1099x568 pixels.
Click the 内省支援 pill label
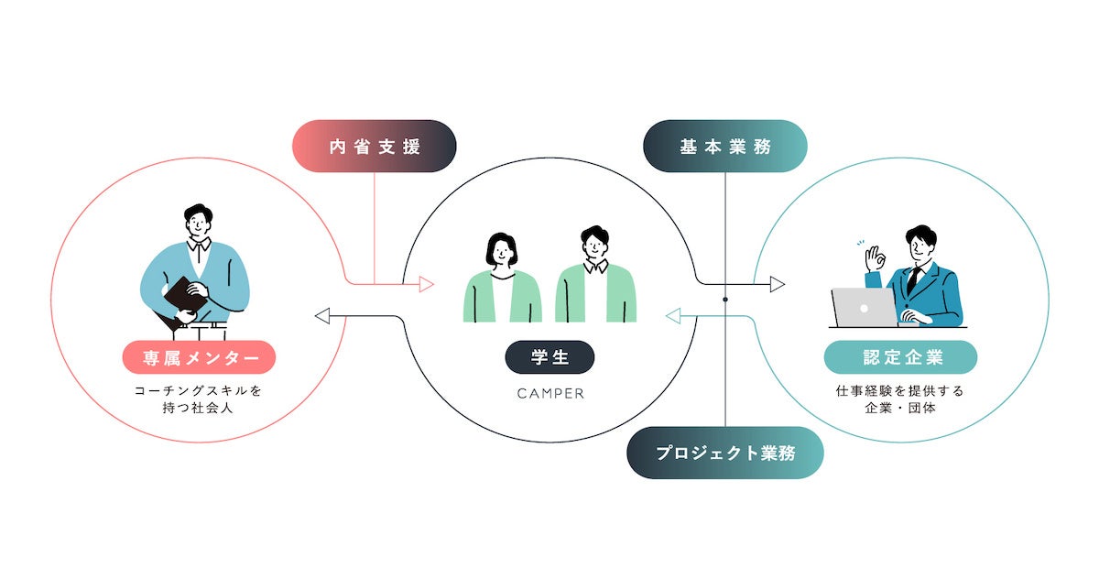click(374, 146)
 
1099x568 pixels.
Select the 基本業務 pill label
click(724, 146)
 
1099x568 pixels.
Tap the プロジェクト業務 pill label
click(724, 453)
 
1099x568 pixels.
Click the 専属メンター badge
click(198, 357)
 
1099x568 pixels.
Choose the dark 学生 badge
click(549, 357)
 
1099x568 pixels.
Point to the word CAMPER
click(549, 394)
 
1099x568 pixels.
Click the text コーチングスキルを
click(198, 390)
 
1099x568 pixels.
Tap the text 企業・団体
click(900, 408)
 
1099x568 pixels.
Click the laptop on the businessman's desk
click(863, 308)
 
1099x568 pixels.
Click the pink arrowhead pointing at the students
click(427, 284)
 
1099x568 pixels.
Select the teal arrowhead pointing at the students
click(672, 317)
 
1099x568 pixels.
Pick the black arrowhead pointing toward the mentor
click(321, 316)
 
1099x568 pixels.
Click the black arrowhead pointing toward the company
click(778, 284)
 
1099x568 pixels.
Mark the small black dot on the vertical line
click(724, 300)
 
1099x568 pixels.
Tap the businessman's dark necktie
click(912, 279)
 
